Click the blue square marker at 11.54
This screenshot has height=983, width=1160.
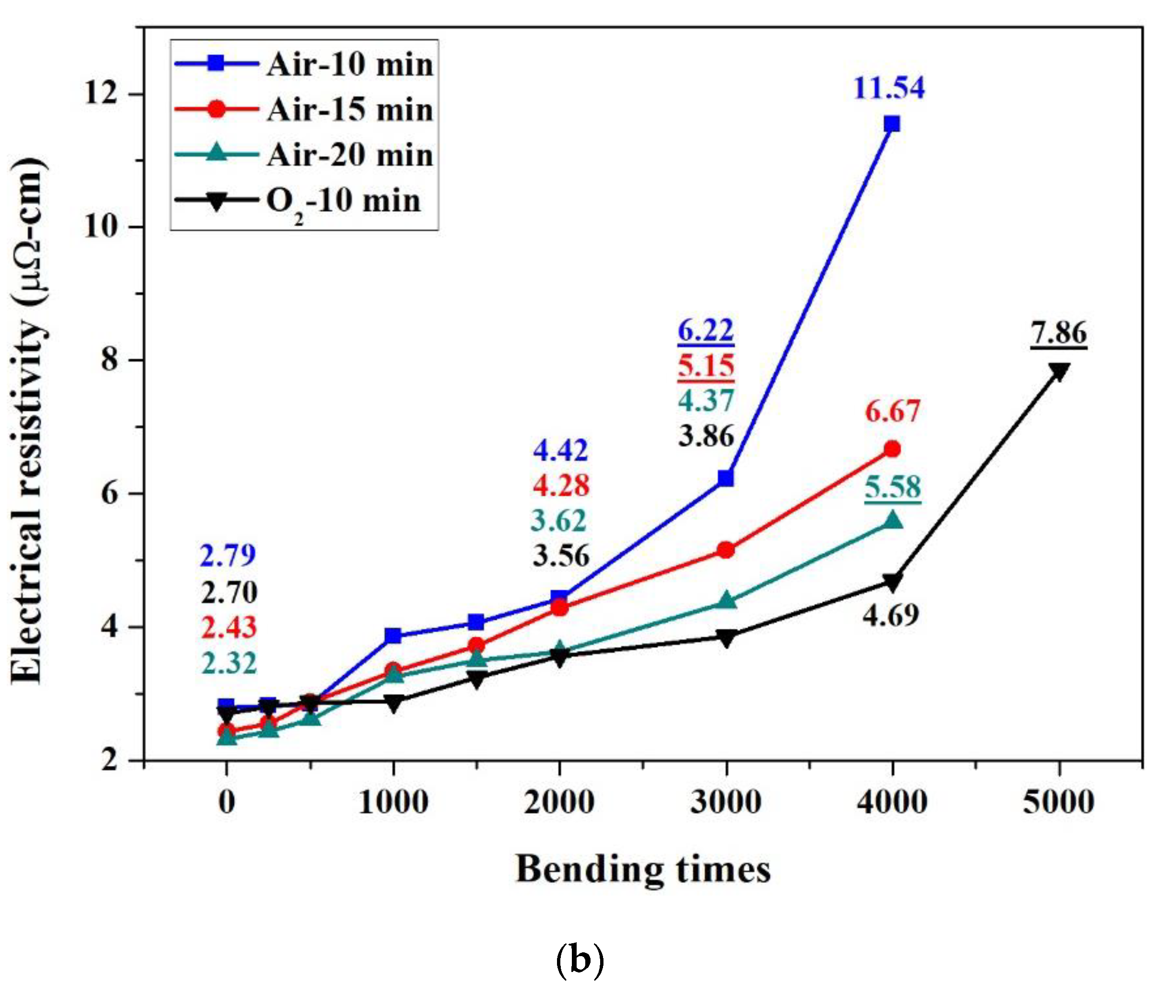coord(892,124)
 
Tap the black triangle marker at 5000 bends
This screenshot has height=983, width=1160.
coord(1058,371)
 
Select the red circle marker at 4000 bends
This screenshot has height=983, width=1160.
coord(892,449)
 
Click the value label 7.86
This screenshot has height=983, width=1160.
coord(1058,333)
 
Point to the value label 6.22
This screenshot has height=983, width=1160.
coord(705,330)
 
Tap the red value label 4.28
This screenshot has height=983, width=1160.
coord(561,486)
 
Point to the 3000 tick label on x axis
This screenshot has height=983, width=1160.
coord(725,802)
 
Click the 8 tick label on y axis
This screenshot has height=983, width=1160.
coord(110,359)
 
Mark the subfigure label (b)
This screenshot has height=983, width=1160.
coord(580,960)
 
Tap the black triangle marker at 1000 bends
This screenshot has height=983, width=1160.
coord(393,703)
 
